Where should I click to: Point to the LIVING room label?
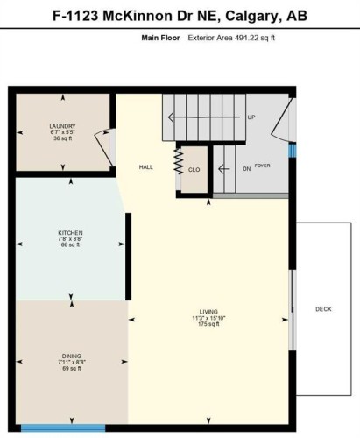tap(208, 312)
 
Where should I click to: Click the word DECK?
tap(323, 309)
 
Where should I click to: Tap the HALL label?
tap(146, 167)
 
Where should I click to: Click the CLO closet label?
tap(194, 170)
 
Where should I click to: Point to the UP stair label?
tap(251, 117)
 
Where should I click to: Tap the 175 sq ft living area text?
tap(208, 325)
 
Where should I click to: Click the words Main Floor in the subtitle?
tap(160, 39)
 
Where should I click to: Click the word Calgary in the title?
tap(250, 16)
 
